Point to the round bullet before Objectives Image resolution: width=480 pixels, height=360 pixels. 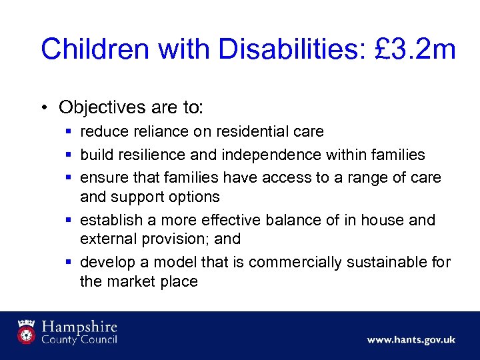click(x=45, y=107)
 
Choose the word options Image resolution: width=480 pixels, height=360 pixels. click(x=194, y=197)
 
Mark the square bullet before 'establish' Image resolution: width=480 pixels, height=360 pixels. click(x=70, y=220)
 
